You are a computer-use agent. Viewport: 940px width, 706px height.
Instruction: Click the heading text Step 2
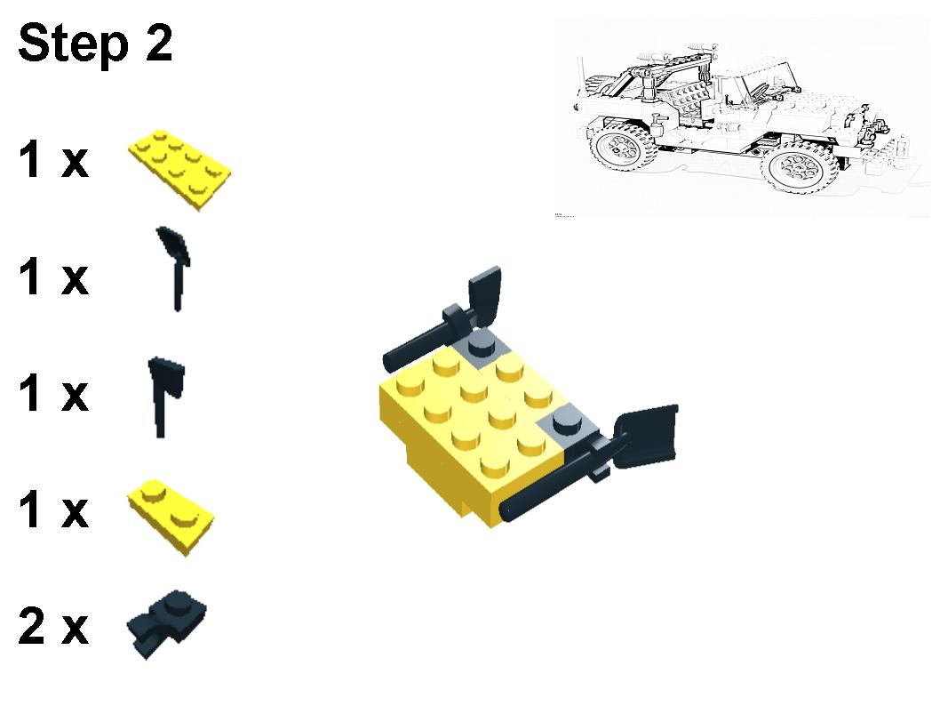click(95, 44)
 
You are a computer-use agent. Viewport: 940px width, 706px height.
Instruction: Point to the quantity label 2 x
click(53, 628)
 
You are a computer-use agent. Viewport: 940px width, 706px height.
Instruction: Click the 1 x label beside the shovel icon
click(53, 277)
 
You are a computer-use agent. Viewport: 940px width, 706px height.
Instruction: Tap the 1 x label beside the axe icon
click(53, 394)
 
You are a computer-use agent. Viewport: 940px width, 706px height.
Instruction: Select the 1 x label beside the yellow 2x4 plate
click(53, 161)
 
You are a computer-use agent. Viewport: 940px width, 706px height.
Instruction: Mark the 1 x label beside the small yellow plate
click(53, 512)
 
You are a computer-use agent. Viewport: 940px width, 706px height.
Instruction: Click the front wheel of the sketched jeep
click(798, 167)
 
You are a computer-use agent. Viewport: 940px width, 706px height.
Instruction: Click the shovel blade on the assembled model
click(649, 436)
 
